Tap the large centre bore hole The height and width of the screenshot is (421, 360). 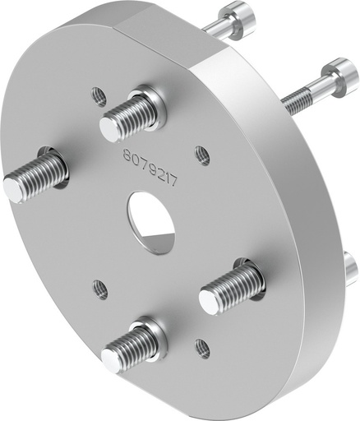152,214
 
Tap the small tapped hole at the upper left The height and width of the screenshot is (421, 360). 99,96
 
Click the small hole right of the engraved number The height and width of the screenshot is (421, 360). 201,153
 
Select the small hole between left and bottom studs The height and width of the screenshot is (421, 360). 100,289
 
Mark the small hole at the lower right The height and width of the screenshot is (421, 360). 202,349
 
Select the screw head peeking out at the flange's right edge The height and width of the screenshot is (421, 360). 352,268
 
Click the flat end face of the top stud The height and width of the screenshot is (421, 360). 111,128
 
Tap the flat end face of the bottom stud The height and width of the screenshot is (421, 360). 113,357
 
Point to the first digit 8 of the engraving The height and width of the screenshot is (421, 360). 127,154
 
